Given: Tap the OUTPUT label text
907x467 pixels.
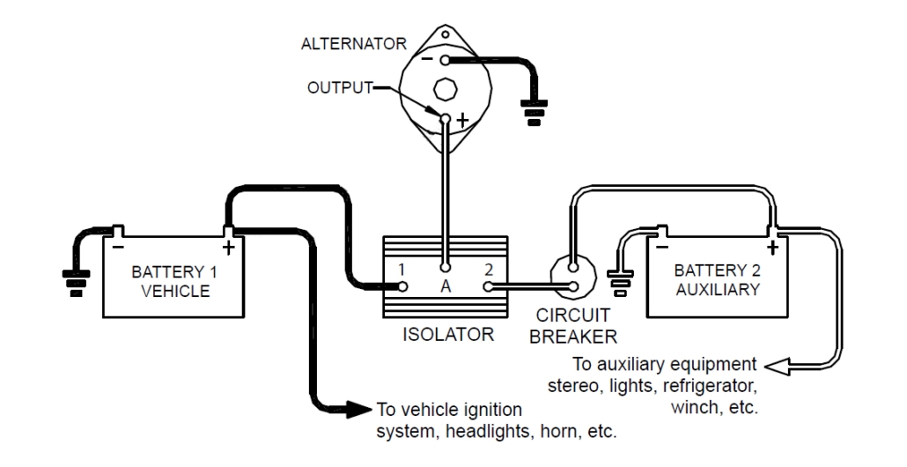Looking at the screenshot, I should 341,87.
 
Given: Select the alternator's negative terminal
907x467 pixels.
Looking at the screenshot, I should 446,61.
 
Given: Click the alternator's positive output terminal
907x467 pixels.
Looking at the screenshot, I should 446,118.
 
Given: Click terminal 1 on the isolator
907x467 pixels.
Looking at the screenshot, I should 403,285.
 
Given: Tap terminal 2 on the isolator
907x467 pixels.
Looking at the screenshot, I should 488,285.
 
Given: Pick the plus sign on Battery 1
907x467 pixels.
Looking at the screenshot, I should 227,248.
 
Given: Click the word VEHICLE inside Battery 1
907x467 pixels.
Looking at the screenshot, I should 171,292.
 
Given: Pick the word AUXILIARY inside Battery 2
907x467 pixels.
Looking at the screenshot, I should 715,292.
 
